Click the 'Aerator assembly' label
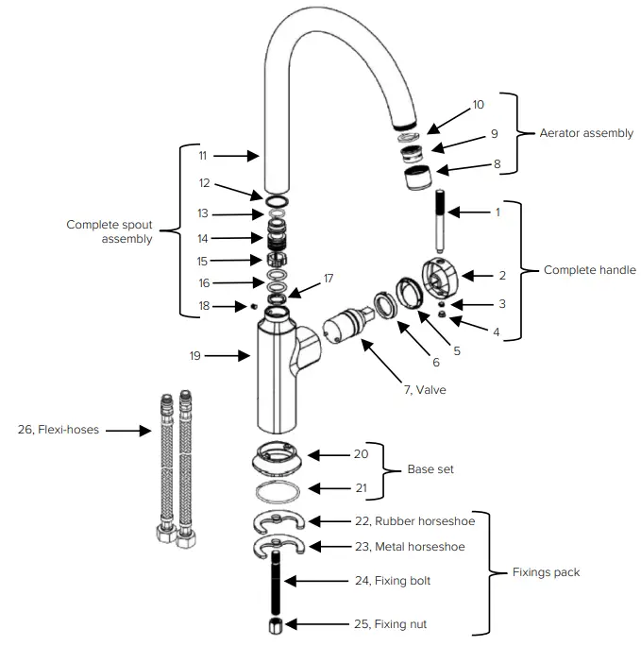585,133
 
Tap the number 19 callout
194,356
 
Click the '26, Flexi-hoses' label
59,430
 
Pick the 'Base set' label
430,469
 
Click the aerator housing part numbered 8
416,178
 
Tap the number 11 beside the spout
203,155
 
